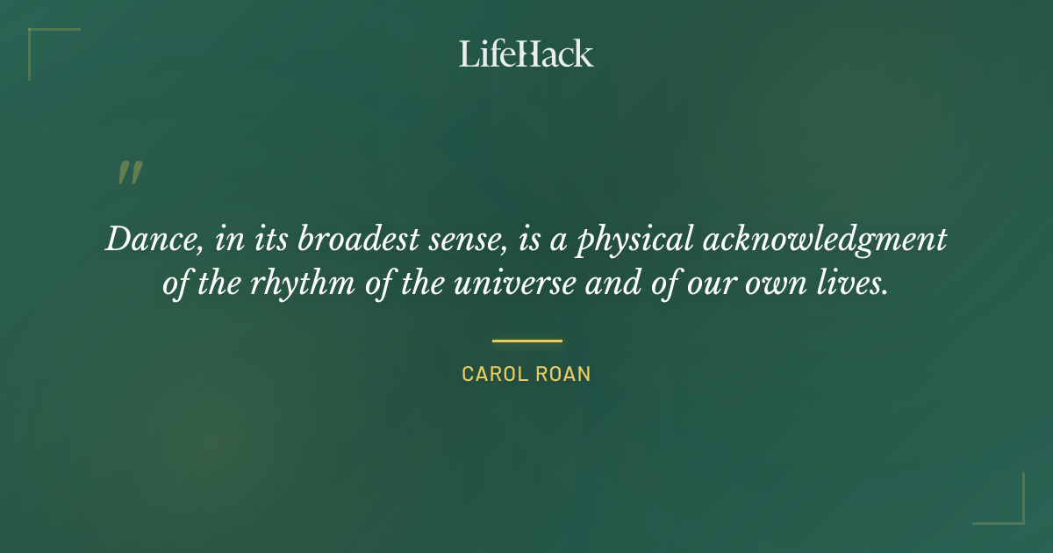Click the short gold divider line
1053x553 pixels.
pyautogui.click(x=526, y=341)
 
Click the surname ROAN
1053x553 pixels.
pyautogui.click(x=562, y=374)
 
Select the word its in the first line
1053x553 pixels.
pyautogui.click(x=266, y=240)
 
